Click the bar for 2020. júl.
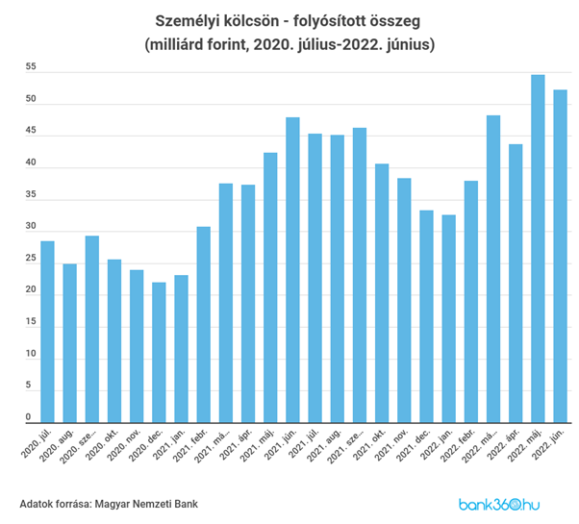pyautogui.click(x=47, y=332)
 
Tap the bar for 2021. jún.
pyautogui.click(x=292, y=270)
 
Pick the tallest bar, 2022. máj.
pyautogui.click(x=538, y=249)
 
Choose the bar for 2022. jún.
pyautogui.click(x=560, y=256)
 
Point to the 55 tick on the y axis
pyautogui.click(x=31, y=68)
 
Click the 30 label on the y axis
pyautogui.click(x=31, y=228)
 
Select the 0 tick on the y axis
pyautogui.click(x=31, y=418)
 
